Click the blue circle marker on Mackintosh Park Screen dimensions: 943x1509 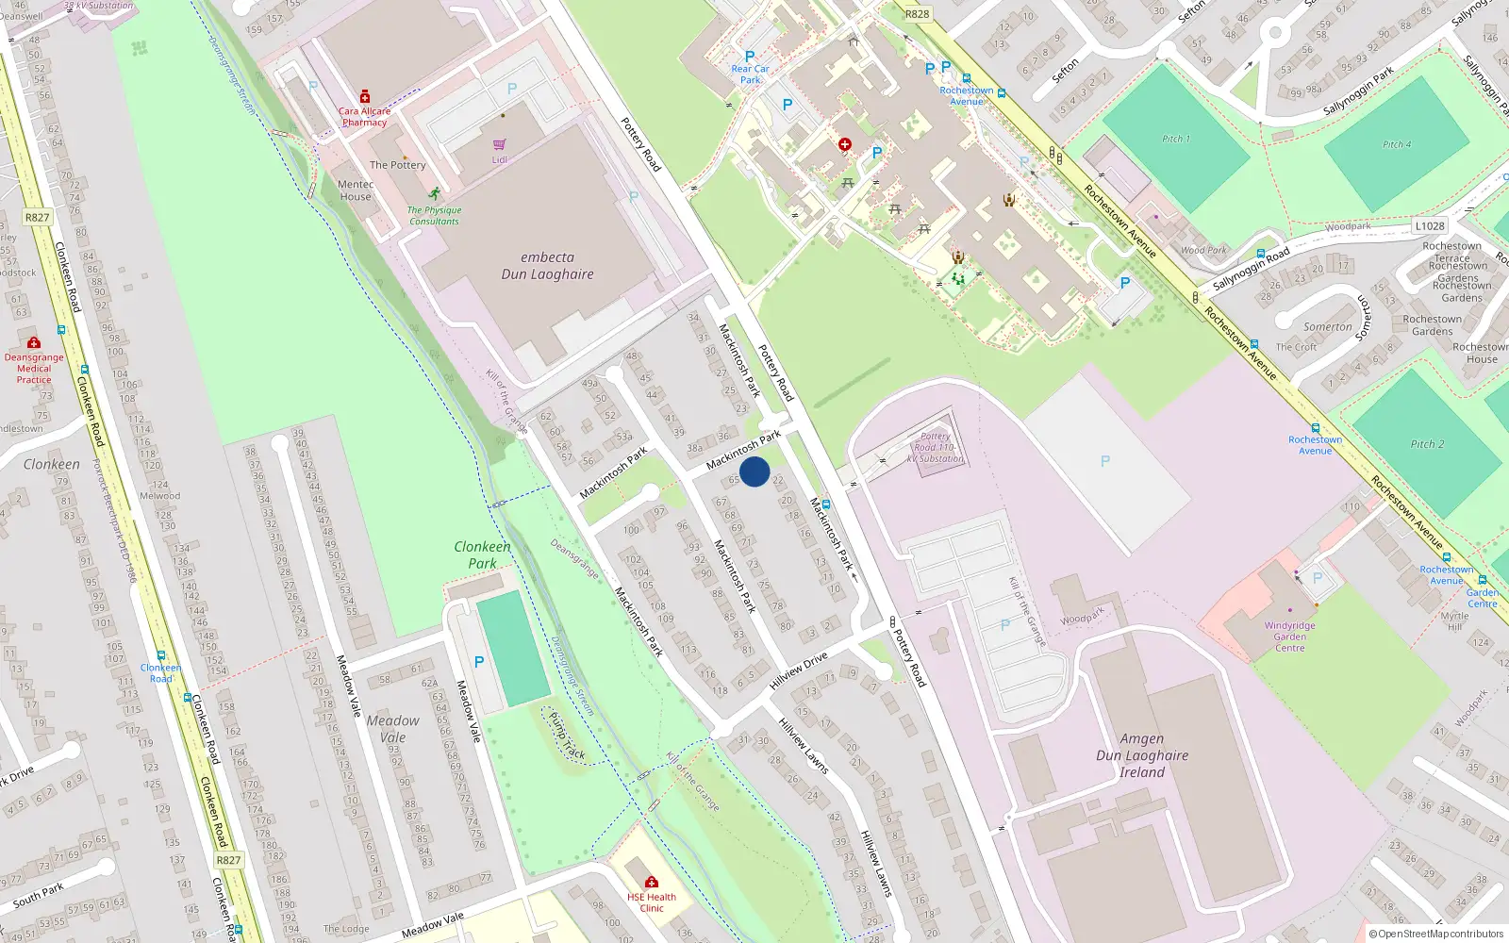point(754,471)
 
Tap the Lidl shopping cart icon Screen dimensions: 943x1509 point(499,144)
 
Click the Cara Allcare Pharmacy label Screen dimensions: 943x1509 point(364,117)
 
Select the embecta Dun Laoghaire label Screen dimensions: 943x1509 point(547,266)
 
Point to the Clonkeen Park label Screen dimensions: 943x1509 point(482,554)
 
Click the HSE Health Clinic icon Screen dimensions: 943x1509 point(652,883)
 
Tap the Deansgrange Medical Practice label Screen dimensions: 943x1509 point(34,369)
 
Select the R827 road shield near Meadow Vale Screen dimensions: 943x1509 point(228,860)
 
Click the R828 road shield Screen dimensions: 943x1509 point(917,14)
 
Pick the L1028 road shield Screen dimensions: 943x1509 point(1430,226)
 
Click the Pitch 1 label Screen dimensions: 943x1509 point(1175,139)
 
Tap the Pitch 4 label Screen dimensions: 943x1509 point(1397,144)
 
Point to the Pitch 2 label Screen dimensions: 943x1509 point(1427,444)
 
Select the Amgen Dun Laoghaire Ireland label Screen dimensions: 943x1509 point(1142,755)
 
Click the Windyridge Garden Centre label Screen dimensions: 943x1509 point(1289,637)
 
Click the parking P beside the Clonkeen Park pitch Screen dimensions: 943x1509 point(479,662)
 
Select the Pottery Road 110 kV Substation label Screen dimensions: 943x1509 point(935,448)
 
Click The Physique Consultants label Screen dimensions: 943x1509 point(434,216)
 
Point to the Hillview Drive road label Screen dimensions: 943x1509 point(798,670)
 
